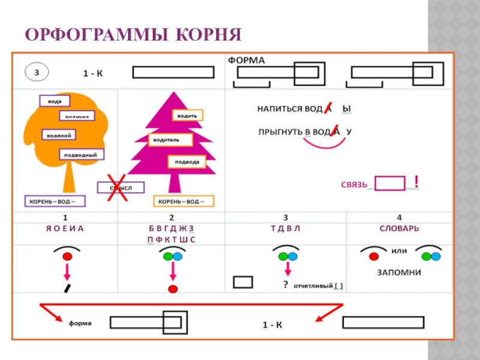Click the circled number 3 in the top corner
coord(37,73)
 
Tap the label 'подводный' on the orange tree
coord(82,154)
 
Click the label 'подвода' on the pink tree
coord(187,162)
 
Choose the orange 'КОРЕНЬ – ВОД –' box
coord(184,201)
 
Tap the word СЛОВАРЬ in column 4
coord(400,229)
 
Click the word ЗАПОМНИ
coord(399,272)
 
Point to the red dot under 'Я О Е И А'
coord(67,256)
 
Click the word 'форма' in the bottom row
coord(80,323)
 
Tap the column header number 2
coord(172,217)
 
